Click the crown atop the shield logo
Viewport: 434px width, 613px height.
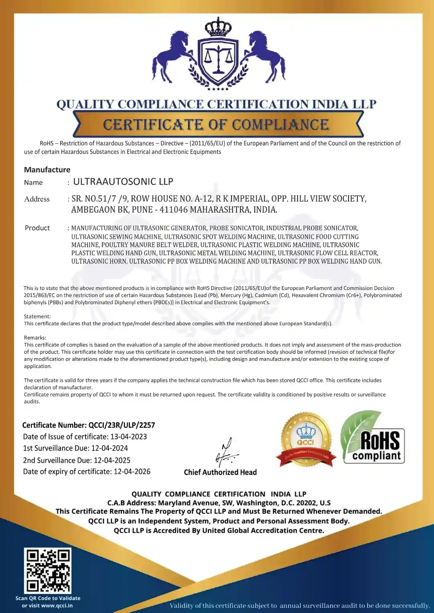pos(218,27)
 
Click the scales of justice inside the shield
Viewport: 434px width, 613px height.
pos(218,58)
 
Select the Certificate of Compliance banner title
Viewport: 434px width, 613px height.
pos(216,125)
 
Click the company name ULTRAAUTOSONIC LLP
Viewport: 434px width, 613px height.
pos(123,182)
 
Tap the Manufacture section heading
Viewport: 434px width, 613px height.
pos(47,170)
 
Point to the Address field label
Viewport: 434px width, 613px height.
pos(37,199)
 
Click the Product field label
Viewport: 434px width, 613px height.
pos(37,228)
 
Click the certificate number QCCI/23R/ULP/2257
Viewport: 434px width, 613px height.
pos(122,425)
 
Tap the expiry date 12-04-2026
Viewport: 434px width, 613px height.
pos(132,471)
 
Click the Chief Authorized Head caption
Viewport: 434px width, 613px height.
pos(220,472)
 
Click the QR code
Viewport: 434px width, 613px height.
pos(48,571)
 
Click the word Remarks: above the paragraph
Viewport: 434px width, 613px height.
pos(35,338)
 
